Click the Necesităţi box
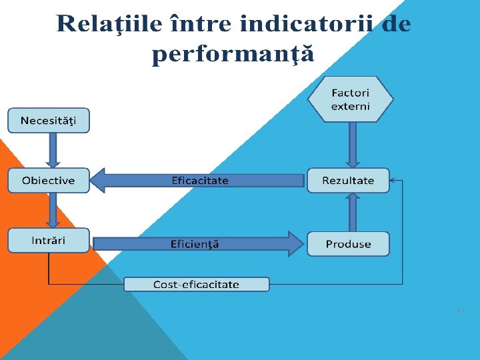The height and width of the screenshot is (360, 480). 48,121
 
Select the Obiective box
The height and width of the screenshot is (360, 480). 48,181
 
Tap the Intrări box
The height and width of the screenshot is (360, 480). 48,240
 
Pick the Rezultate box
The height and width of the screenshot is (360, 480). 348,181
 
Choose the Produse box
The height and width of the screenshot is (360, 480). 348,244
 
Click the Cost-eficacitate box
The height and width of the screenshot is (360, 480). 197,285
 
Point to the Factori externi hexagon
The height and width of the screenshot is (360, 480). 351,100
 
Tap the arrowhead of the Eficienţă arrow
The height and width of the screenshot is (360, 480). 295,244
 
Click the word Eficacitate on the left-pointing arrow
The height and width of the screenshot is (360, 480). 200,181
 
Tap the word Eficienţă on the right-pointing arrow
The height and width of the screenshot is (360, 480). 195,244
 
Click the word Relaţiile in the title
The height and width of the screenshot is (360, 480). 99,24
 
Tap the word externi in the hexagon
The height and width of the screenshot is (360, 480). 351,107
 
